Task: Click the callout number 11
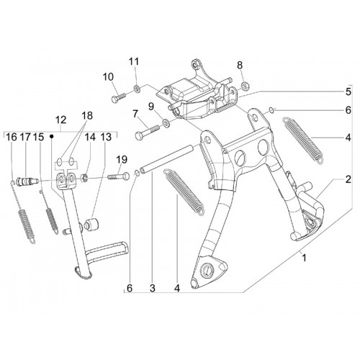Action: (x=134, y=62)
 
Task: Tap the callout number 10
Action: (x=108, y=77)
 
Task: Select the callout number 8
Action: (x=240, y=65)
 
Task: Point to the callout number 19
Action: (x=122, y=160)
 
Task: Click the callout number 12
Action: (x=60, y=120)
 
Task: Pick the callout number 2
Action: (x=348, y=179)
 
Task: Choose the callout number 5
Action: (x=348, y=91)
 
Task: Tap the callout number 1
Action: (x=304, y=258)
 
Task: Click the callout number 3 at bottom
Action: (x=153, y=288)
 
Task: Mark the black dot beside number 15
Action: (x=51, y=136)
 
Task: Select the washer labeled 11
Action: (x=138, y=89)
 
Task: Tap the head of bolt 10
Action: (x=114, y=99)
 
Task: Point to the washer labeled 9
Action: (x=166, y=122)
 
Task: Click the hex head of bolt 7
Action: (x=140, y=137)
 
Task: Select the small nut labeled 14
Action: (x=84, y=178)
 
